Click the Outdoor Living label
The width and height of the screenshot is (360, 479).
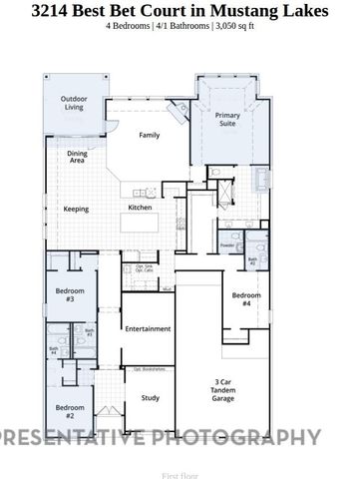coord(73,104)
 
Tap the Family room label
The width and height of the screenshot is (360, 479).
coord(150,135)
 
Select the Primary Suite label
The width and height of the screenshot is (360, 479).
coord(228,121)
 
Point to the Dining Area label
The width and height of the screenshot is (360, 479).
coord(77,157)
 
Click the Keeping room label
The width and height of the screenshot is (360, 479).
coord(76,210)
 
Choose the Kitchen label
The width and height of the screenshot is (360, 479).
coord(140,208)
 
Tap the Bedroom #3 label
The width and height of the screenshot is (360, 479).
coord(70,295)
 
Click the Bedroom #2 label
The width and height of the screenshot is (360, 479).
coord(70,410)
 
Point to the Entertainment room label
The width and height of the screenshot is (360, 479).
coord(148,328)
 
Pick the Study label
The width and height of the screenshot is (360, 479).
coord(150,398)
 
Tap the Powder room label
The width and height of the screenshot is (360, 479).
coord(226,244)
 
